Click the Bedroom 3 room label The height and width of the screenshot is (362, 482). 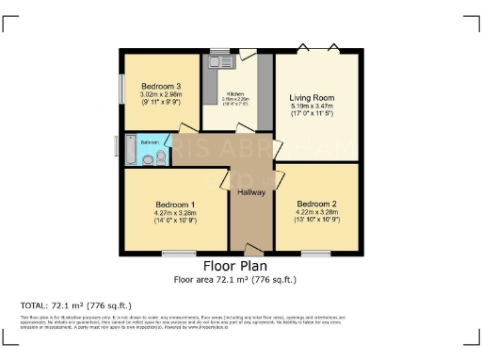pos(153,86)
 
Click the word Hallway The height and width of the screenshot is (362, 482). pos(250,192)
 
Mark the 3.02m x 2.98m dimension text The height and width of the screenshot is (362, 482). pos(153,94)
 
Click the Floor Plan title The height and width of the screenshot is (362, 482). pos(239,267)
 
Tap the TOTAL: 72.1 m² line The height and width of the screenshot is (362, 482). pos(75,305)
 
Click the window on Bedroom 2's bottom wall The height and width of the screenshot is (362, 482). pos(315,254)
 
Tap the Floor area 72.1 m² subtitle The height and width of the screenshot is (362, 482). pos(239,280)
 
